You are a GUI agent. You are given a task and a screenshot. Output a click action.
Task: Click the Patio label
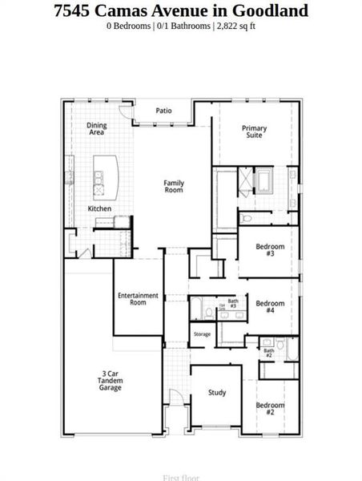[x=163, y=111]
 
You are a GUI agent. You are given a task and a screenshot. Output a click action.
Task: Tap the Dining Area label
[x=97, y=128]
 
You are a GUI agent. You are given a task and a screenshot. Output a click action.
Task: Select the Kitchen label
[x=99, y=209]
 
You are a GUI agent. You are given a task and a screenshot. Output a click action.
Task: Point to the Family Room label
[x=174, y=186]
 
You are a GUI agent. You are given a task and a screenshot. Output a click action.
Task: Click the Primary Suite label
[x=255, y=131]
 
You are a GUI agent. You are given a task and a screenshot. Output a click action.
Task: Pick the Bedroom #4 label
[x=270, y=307]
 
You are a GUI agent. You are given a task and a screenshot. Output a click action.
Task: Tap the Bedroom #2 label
[x=270, y=409]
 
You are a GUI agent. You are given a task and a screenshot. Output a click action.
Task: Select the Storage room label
[x=202, y=334]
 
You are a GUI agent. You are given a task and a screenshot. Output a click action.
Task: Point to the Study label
[x=216, y=393]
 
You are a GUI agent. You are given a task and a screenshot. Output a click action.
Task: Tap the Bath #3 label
[x=232, y=303]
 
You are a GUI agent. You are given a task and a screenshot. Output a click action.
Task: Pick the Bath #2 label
[x=269, y=351]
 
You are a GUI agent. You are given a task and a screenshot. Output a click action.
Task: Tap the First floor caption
[x=180, y=478]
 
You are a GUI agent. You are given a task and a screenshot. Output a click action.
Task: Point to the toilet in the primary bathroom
[x=247, y=217]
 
